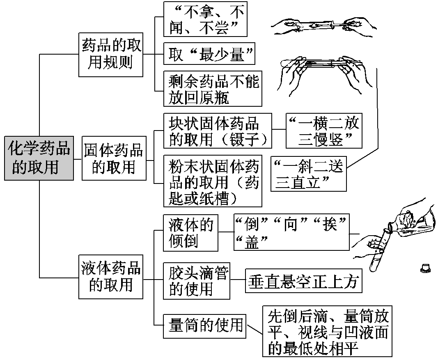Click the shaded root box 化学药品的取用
click(x=39, y=158)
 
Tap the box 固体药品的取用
click(x=114, y=158)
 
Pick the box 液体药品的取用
click(x=110, y=277)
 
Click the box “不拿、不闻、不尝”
click(x=206, y=19)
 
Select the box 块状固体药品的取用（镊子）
click(x=218, y=131)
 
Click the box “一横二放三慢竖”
click(x=324, y=131)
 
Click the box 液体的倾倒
click(x=190, y=232)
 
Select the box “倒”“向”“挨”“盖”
click(x=291, y=232)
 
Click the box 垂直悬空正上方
click(x=304, y=281)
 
